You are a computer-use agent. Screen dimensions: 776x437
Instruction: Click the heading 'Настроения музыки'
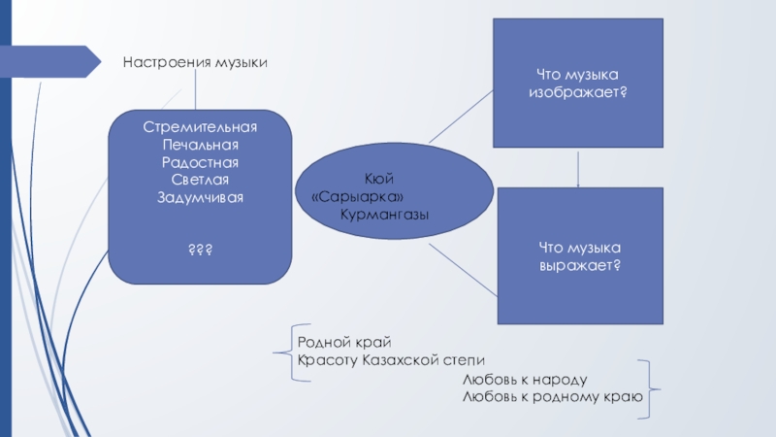[x=194, y=63]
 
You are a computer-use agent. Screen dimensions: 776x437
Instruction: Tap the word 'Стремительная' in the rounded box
[x=200, y=127]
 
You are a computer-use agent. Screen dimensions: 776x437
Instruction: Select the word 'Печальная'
[x=200, y=145]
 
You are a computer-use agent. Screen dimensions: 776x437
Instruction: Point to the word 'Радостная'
[x=200, y=162]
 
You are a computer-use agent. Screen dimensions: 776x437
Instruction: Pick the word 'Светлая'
[x=200, y=180]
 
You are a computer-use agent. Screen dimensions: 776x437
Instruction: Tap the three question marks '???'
[x=200, y=251]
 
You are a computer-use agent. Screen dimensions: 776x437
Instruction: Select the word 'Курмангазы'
[x=384, y=214]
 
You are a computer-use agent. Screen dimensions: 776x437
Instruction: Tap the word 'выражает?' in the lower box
[x=580, y=264]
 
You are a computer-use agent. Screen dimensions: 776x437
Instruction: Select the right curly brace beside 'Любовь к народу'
[x=647, y=388]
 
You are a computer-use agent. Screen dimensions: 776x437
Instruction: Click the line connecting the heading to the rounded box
[x=195, y=91]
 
